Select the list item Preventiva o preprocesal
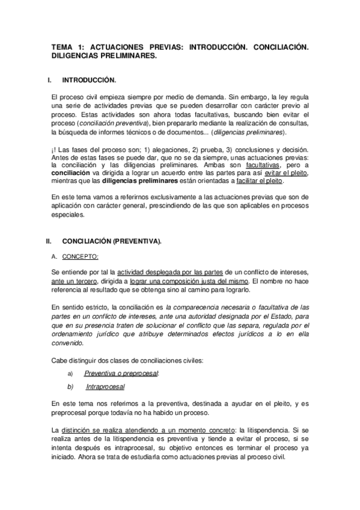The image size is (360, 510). [x=121, y=373]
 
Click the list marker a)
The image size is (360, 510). [x=70, y=373]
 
